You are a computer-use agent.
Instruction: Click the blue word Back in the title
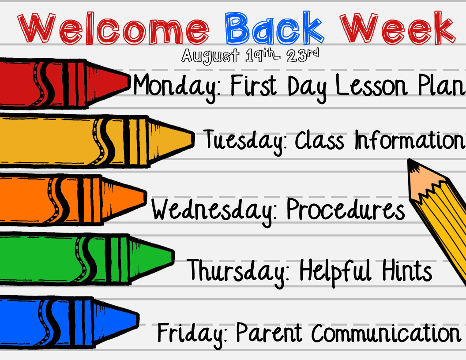click(x=274, y=28)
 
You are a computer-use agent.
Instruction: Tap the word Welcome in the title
click(x=113, y=29)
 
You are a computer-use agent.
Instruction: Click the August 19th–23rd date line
click(x=250, y=56)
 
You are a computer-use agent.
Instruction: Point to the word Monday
click(x=177, y=86)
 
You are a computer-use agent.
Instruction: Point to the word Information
click(x=409, y=140)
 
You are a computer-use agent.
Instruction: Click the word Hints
click(x=407, y=270)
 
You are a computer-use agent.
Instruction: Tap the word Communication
click(x=386, y=333)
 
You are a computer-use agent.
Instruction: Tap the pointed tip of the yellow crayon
click(x=194, y=139)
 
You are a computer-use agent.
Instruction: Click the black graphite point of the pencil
click(x=411, y=163)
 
